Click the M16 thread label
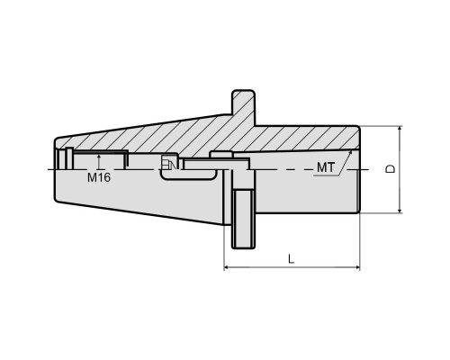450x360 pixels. [x=99, y=177]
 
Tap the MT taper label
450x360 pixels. [x=326, y=167]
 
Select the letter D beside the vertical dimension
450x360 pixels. [x=391, y=169]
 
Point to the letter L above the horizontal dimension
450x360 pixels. [x=291, y=258]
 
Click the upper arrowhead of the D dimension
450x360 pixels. [x=400, y=130]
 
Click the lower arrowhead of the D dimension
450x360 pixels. [x=400, y=210]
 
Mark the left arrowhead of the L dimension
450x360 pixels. [x=228, y=266]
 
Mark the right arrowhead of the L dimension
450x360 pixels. [x=356, y=266]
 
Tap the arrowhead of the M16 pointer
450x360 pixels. [x=99, y=157]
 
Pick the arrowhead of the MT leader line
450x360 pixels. [x=350, y=153]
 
